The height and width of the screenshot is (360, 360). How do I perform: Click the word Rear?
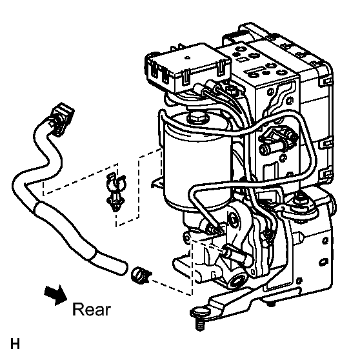[92, 309]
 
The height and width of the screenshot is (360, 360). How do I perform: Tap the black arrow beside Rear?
[56, 295]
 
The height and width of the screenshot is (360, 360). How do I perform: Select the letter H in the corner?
[15, 343]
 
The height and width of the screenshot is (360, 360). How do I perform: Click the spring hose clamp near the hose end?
[140, 275]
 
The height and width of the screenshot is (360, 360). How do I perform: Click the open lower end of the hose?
[122, 268]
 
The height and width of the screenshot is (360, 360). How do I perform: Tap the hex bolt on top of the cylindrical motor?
[197, 117]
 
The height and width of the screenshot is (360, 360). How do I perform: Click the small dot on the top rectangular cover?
[188, 57]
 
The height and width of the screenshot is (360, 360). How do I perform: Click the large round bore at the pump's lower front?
[237, 282]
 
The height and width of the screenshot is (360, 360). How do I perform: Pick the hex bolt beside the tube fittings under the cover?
[232, 90]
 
